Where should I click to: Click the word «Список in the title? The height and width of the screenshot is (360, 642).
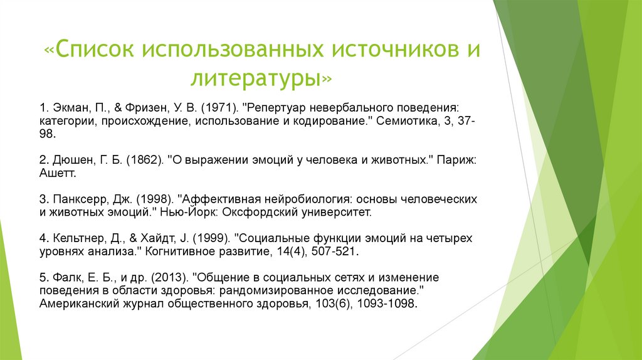pos(90,49)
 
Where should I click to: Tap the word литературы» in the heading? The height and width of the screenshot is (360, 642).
pos(261,78)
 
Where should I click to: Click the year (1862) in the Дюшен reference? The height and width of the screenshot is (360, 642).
pos(145,160)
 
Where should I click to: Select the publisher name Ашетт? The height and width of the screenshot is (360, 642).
pos(58,173)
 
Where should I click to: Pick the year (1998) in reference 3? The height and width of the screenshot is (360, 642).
pos(155,199)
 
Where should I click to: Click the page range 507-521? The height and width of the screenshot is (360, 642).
pos(335,251)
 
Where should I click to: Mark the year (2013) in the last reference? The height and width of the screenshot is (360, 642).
pos(170,278)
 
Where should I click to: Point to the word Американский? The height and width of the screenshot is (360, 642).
pos(80,304)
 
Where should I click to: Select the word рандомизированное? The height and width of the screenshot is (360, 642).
pos(276,291)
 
